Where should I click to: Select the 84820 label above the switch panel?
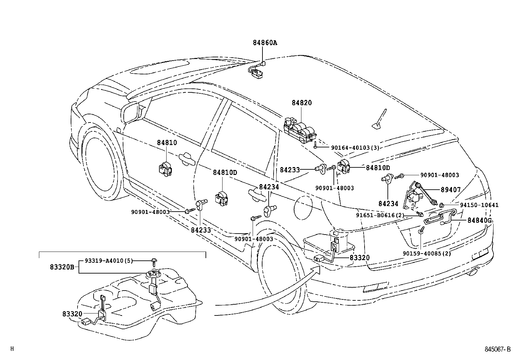point(301,103)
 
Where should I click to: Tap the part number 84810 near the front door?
point(167,143)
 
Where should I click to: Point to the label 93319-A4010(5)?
point(109,261)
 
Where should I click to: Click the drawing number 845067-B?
point(497,349)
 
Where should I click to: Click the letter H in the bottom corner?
point(12,349)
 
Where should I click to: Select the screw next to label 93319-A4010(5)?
point(153,261)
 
